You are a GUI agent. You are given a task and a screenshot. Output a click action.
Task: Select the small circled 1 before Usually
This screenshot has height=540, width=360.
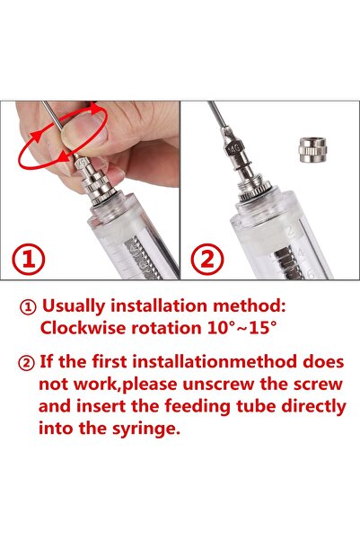(26, 305)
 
